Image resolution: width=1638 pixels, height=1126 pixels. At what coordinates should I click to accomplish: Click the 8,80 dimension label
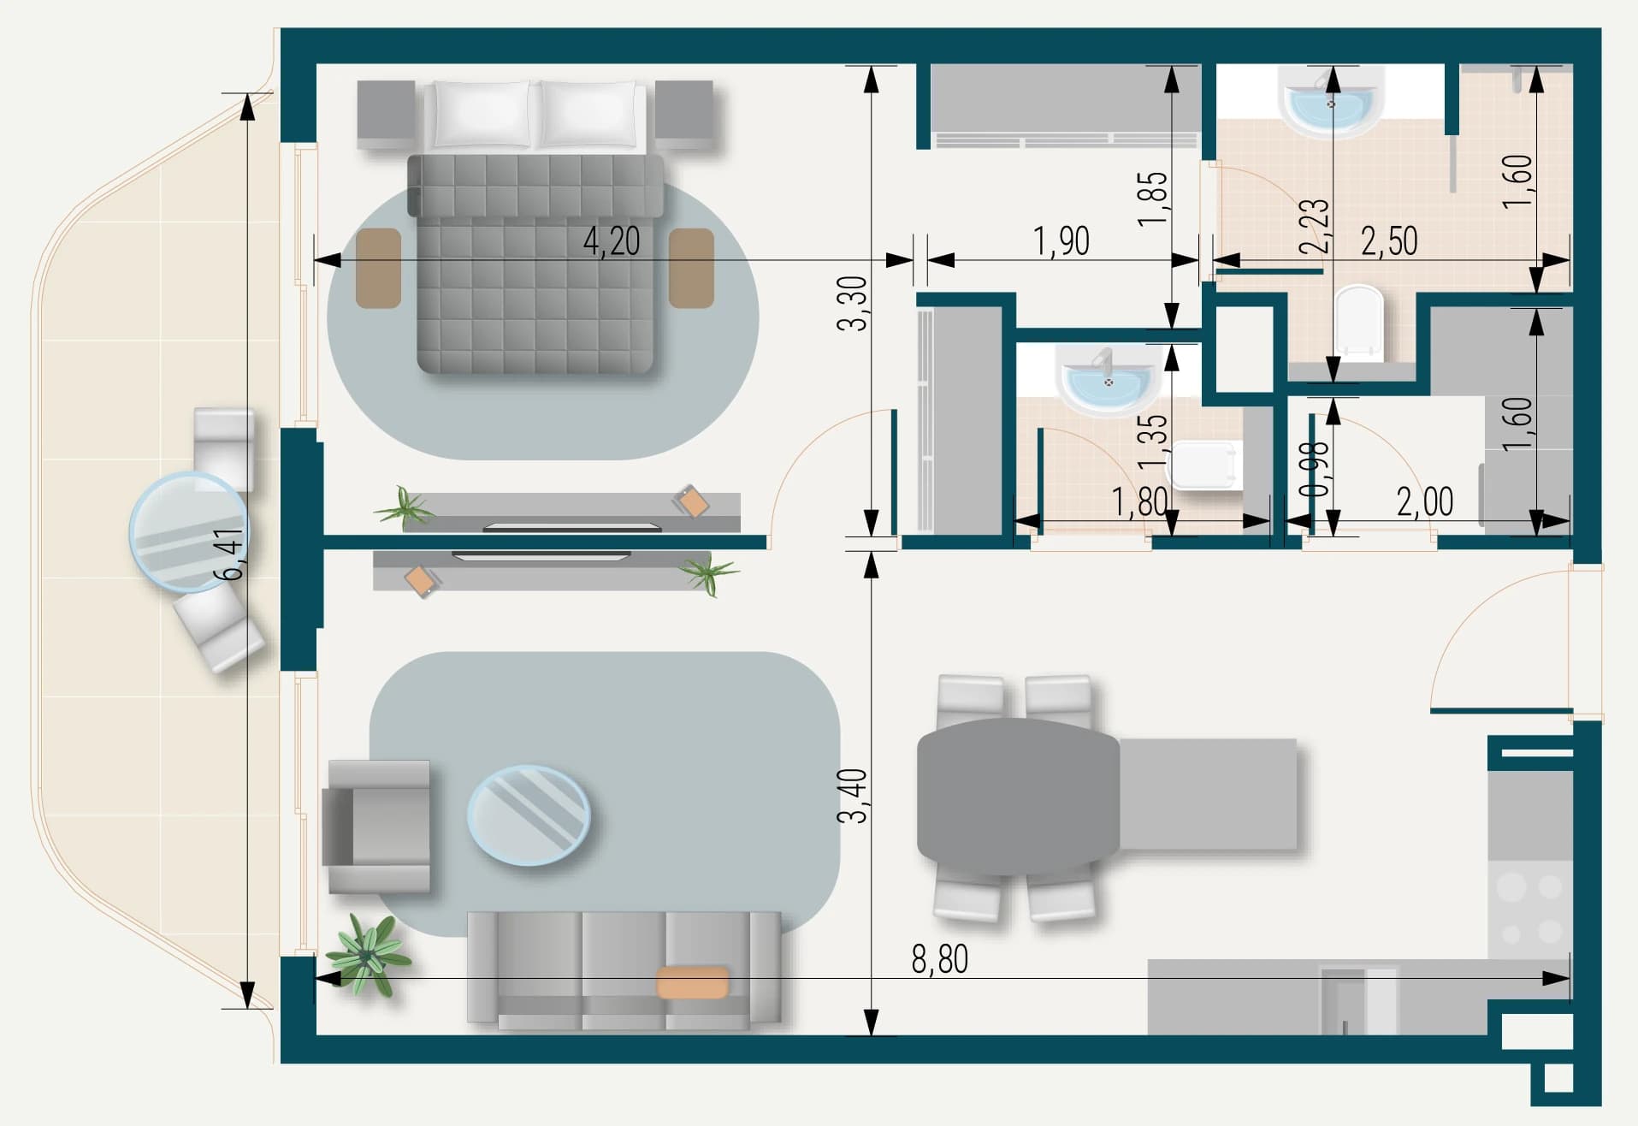pos(939,960)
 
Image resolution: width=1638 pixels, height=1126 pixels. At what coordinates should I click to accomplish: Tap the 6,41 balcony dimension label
pos(229,554)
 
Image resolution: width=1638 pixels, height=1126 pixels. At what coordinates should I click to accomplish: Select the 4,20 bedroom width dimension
pos(612,241)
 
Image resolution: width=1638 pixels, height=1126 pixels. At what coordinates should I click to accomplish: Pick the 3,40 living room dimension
pos(853,796)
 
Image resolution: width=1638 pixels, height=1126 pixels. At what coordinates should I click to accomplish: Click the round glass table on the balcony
pos(188,532)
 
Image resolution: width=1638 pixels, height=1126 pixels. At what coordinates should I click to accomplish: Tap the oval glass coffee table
pos(529,815)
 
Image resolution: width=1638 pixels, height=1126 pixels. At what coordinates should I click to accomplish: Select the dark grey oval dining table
pos(1018,797)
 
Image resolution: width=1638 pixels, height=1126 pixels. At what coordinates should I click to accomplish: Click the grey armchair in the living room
pos(376,827)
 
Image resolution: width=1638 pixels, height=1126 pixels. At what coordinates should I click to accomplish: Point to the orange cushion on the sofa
pos(693,982)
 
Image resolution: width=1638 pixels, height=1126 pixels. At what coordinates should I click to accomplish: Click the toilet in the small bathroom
pos(1206,465)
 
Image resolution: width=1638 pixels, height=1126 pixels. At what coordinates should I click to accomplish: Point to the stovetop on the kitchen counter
pos(1530,910)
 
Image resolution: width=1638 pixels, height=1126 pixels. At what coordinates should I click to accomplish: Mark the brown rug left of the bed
pos(379,268)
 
